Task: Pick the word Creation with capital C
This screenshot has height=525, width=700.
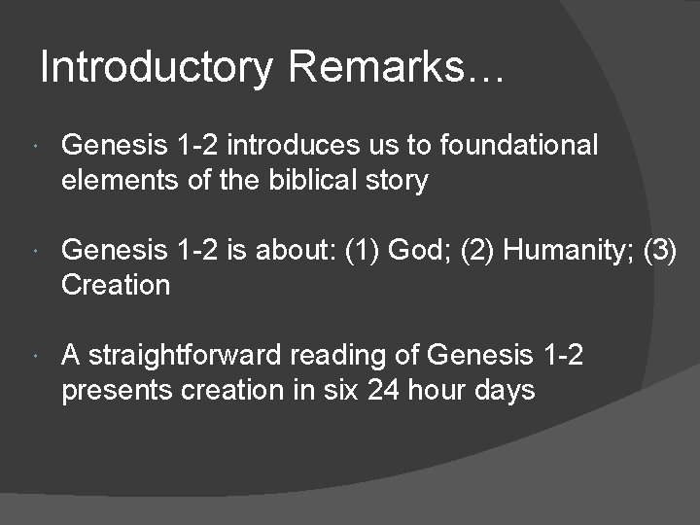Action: [x=116, y=286]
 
